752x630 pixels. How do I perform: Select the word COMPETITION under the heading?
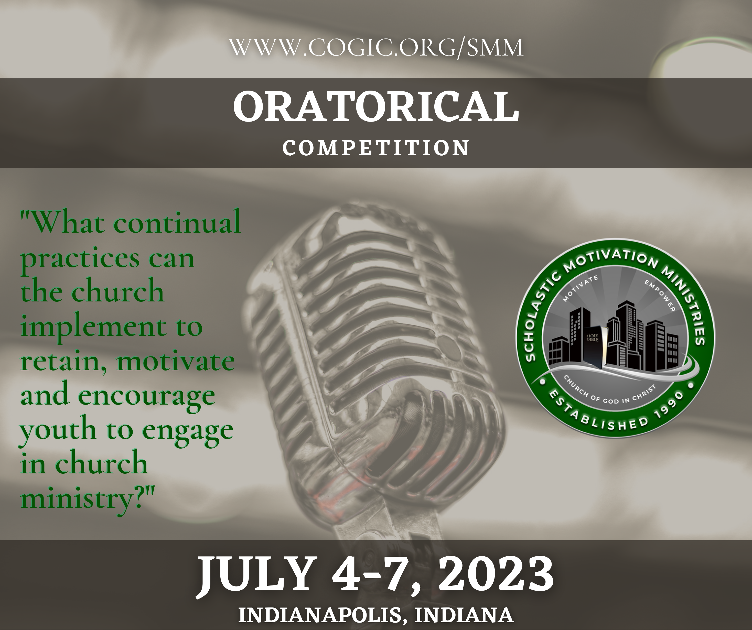[376, 148]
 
